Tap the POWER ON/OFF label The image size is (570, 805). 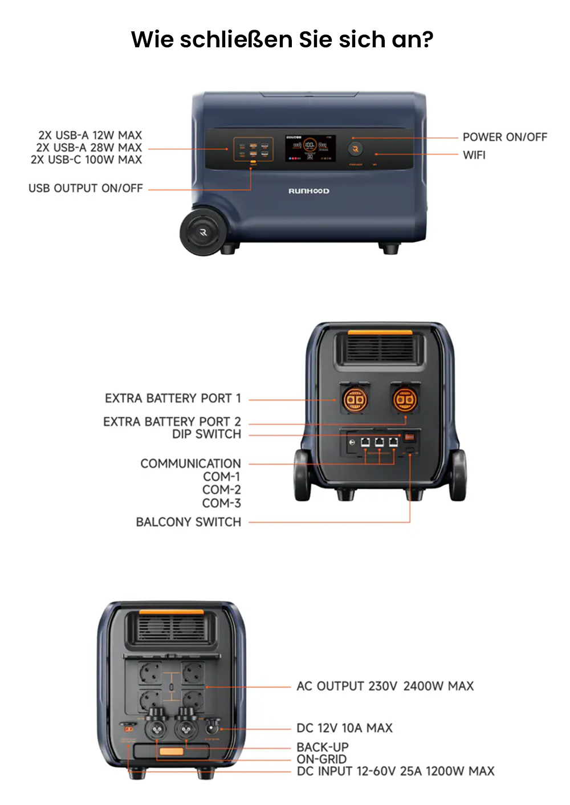coord(504,137)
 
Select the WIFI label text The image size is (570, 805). coord(474,155)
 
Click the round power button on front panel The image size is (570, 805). coord(355,149)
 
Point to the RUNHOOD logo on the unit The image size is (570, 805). coord(308,191)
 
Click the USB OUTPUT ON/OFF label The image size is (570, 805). coord(85,188)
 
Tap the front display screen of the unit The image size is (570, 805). coord(310,148)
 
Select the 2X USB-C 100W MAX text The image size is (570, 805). coord(86,160)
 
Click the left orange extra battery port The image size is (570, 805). coord(354,400)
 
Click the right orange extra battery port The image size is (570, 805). coord(405,400)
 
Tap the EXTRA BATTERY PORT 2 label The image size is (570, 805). coord(172,421)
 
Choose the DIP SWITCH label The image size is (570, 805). coord(206,434)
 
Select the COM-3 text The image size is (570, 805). coord(221,503)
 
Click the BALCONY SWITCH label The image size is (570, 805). coord(188,522)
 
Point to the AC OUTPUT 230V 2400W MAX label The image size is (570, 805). coord(385,686)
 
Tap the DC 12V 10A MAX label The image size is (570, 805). coord(344,727)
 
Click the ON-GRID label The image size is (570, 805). coord(321,759)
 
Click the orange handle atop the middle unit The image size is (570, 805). coord(380,332)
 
